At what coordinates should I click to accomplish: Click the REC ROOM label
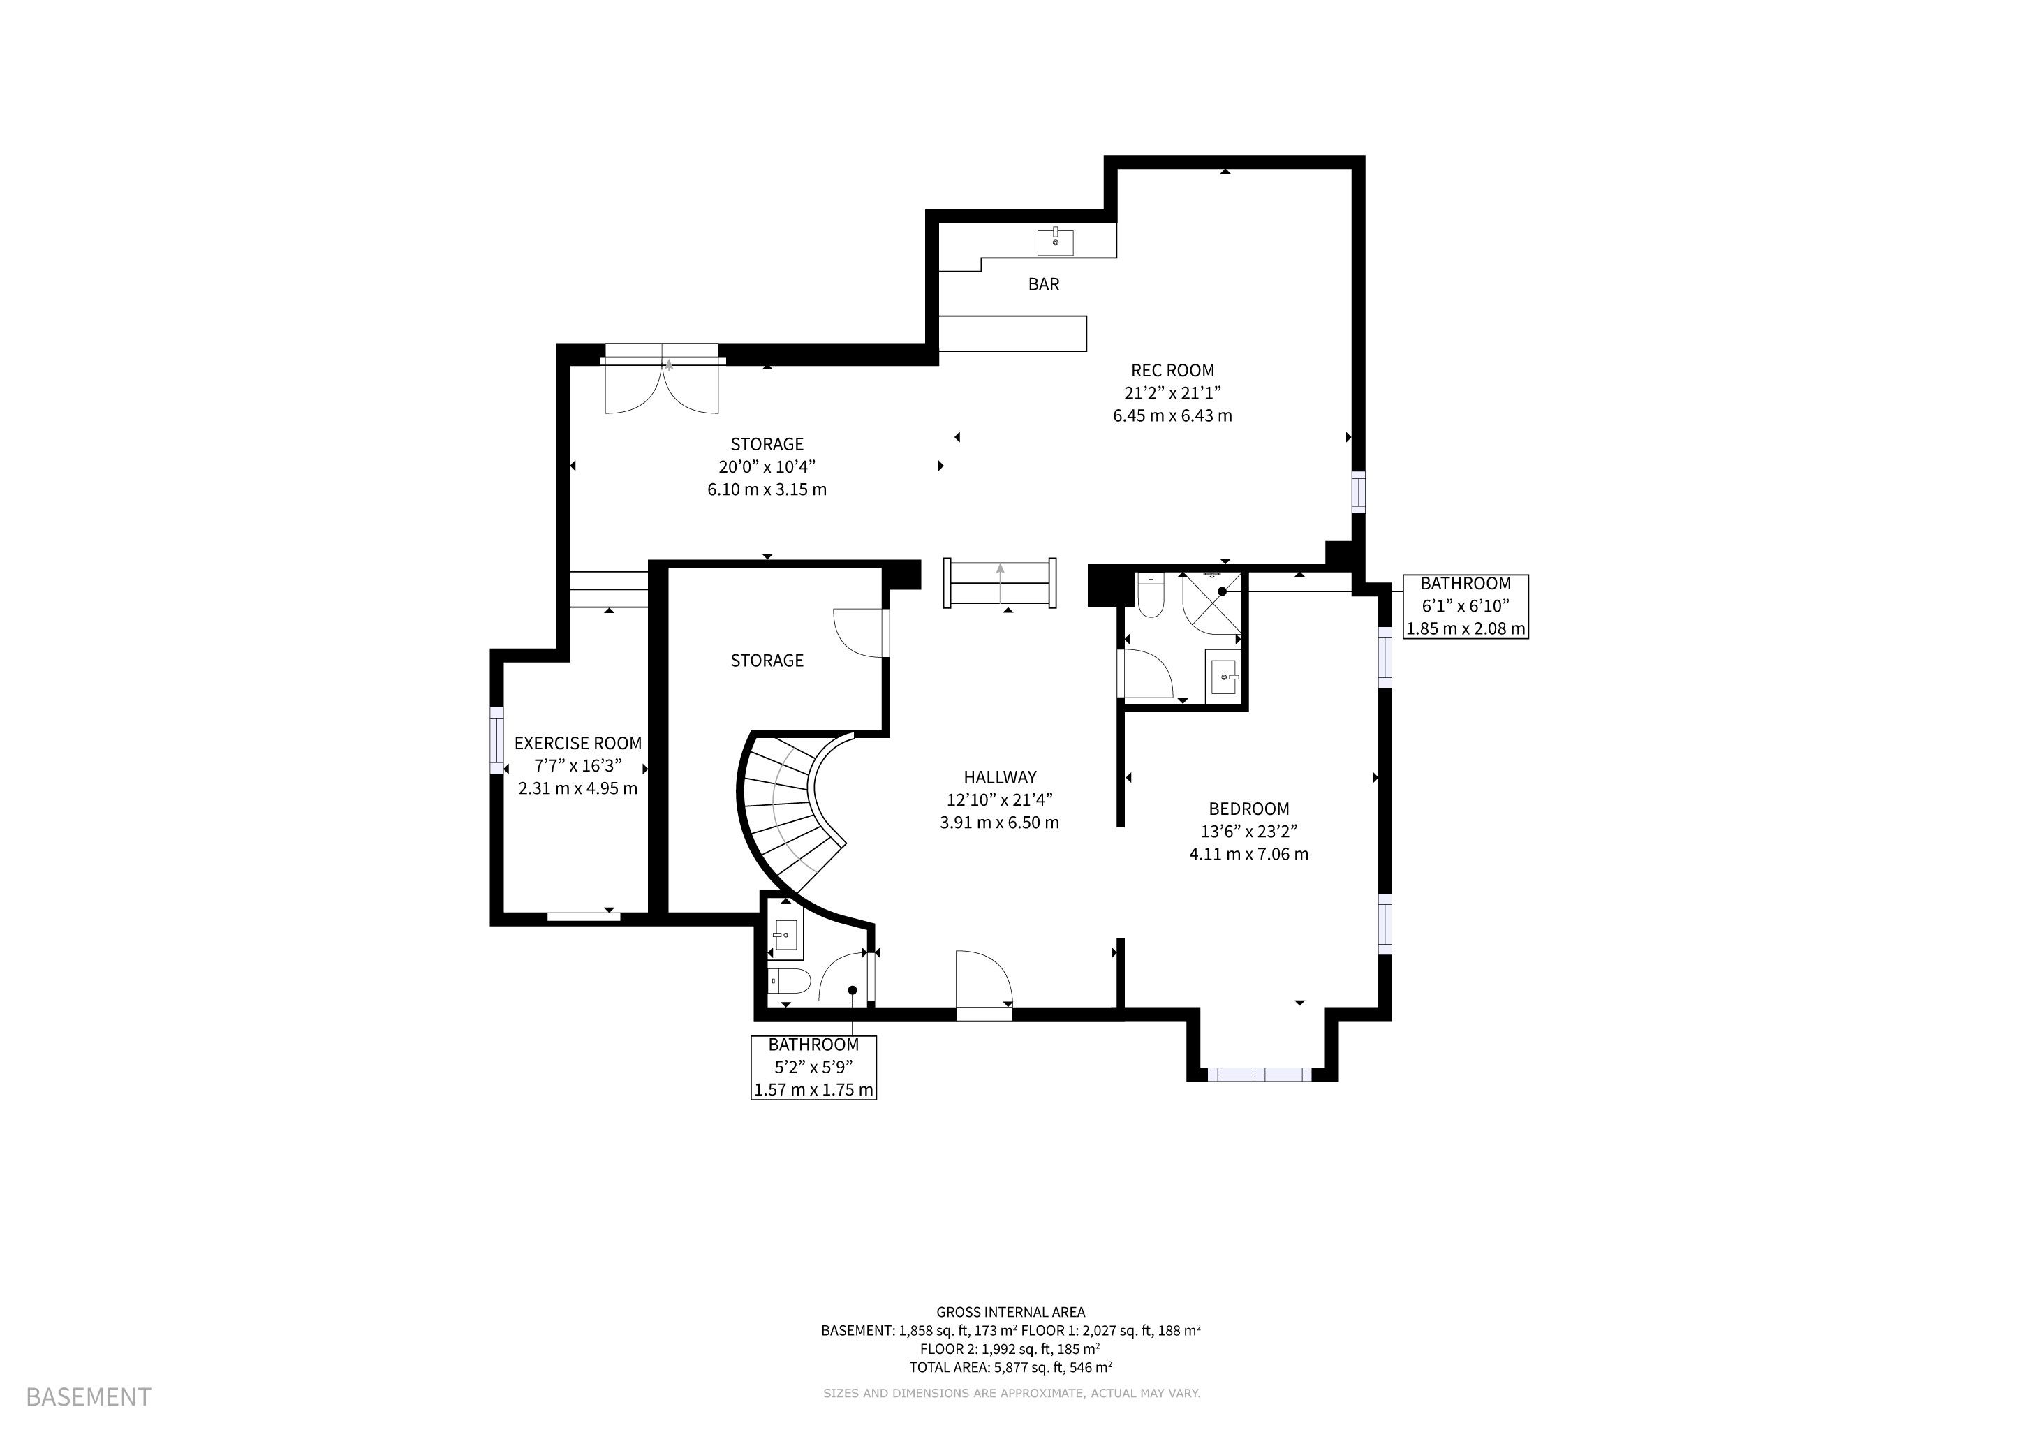click(1172, 371)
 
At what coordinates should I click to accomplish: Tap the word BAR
click(1044, 284)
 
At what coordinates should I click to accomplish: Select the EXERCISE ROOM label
click(577, 743)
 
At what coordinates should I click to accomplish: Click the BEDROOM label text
click(1249, 809)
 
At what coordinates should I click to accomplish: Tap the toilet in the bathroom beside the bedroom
click(1150, 594)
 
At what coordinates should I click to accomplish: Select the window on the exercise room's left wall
click(496, 741)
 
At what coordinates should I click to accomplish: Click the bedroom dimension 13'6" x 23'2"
click(1249, 831)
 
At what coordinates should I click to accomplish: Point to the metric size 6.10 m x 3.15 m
click(767, 489)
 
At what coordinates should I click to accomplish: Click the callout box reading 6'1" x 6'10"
click(1466, 607)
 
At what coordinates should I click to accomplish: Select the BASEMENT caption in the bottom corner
click(89, 1396)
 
